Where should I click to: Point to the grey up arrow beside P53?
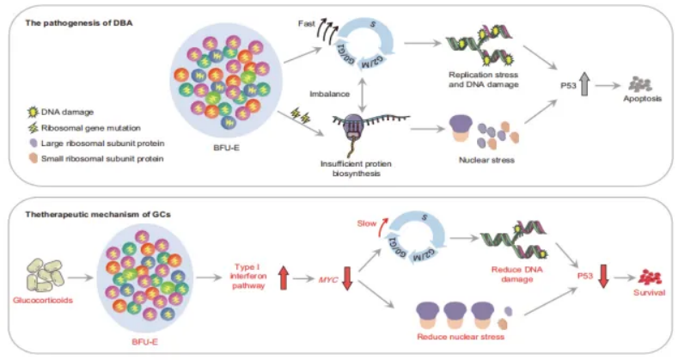coord(561,86)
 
